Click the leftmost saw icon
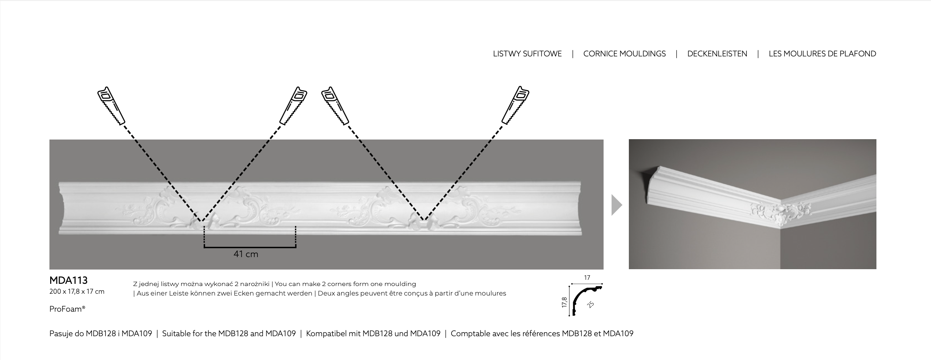tap(111, 106)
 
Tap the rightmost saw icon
tap(515, 105)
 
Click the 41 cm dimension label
tap(246, 254)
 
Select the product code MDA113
tap(68, 280)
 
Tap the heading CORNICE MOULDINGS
tap(624, 54)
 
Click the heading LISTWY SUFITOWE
tap(527, 54)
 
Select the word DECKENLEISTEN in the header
tap(717, 54)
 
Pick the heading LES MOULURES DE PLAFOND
tap(822, 54)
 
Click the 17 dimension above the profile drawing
tap(587, 278)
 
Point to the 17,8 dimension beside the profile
tap(564, 302)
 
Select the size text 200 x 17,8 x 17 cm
tap(77, 292)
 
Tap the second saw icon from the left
tap(293, 106)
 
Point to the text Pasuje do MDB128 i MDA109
tap(101, 334)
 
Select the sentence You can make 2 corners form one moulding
tap(345, 284)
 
